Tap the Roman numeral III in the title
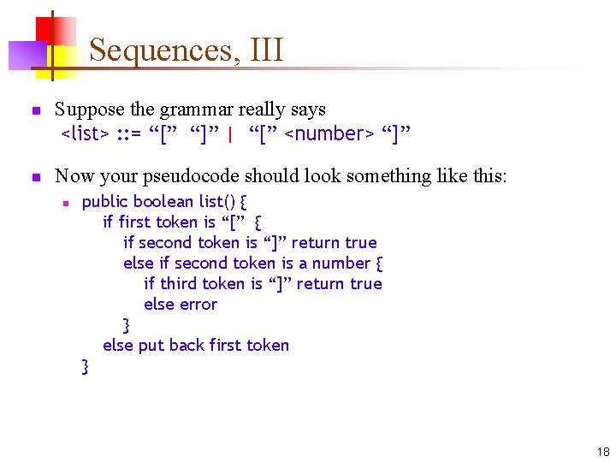pos(266,50)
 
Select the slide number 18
pos(603,452)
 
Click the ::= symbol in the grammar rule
pos(129,133)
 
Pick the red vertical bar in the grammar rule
pos(231,133)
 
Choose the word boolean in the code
pos(163,202)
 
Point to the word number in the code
pos(341,264)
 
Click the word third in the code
pos(177,284)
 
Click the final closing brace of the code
pos(85,367)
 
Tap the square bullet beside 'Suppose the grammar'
pos(35,111)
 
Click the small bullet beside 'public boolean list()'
pos(64,203)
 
